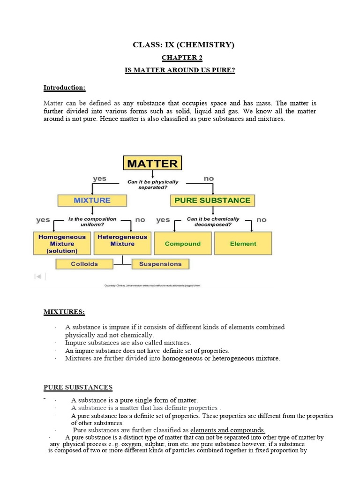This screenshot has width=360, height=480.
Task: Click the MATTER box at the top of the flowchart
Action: pos(152,163)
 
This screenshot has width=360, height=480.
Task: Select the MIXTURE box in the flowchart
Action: pos(92,200)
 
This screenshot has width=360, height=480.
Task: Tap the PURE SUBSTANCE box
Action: pos(212,200)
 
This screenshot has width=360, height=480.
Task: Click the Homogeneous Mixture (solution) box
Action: pos(62,244)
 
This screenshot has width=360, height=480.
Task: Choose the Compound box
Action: pos(183,244)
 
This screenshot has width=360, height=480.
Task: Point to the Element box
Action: pos(243,244)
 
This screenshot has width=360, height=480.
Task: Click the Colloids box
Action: pos(84,264)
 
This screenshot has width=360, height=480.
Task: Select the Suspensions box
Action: pos(160,264)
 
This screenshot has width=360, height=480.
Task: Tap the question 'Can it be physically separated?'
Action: pos(153,184)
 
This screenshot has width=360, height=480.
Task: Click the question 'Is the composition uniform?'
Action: pos(92,221)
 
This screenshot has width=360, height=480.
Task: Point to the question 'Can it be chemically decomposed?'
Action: pos(213,221)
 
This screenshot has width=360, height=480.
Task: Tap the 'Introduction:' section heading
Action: pos(64,87)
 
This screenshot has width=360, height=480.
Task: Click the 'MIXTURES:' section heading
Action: pos(64,312)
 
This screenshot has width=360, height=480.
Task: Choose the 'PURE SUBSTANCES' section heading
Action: pos(78,387)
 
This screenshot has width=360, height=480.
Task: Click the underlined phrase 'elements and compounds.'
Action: pos(228,430)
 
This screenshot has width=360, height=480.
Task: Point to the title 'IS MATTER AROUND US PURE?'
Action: pos(180,70)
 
